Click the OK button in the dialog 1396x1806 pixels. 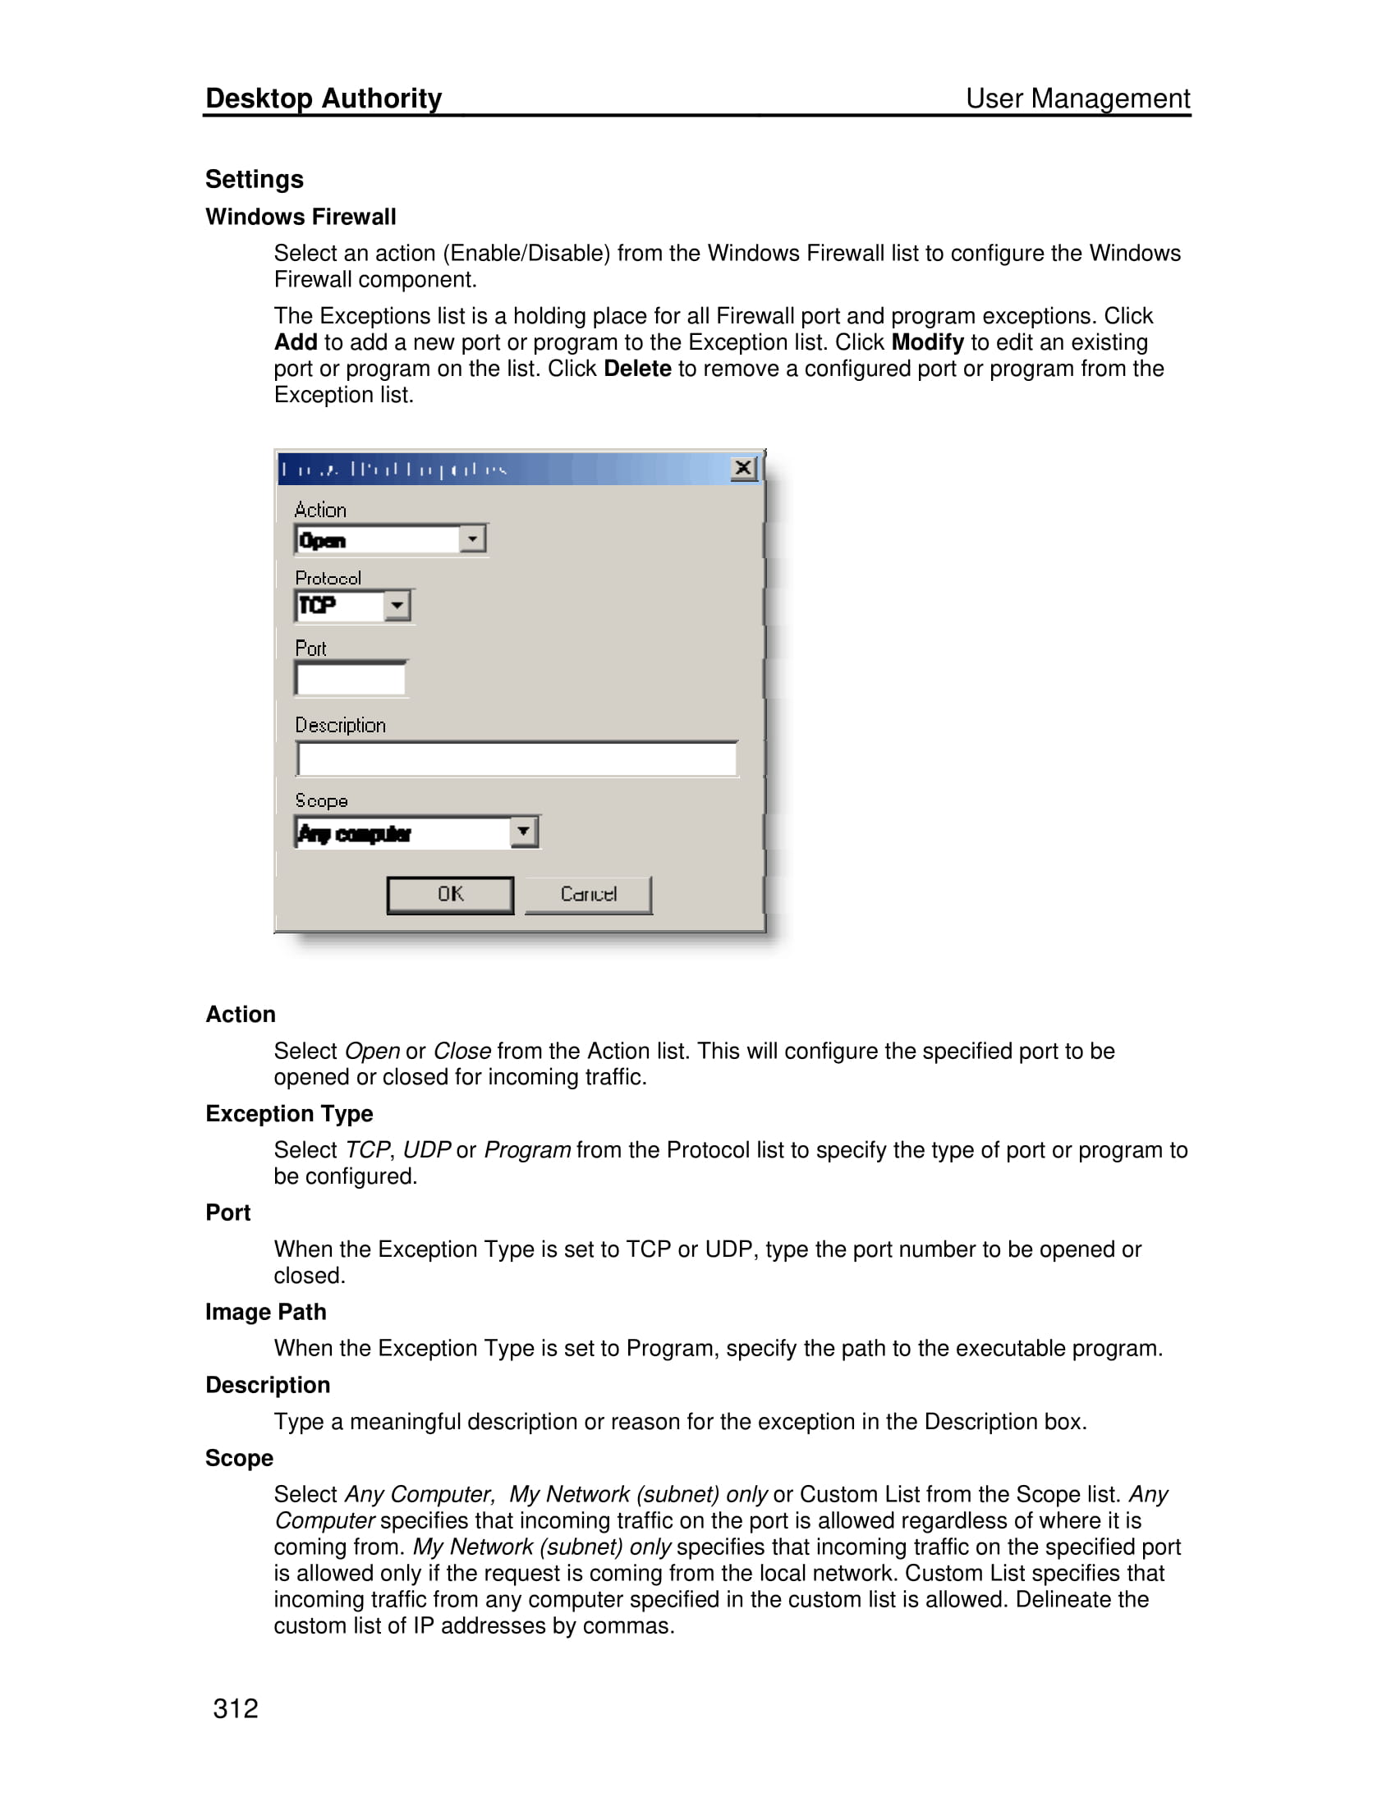(450, 895)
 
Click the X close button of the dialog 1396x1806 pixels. (742, 469)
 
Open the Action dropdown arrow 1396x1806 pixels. (472, 539)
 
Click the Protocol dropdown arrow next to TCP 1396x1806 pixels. (397, 605)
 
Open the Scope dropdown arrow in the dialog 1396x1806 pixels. (524, 831)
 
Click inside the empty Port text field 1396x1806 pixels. (351, 679)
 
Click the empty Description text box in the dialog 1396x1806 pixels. (516, 759)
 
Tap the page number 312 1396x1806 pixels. (236, 1708)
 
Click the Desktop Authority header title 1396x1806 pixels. (324, 99)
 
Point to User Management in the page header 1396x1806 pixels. (1077, 99)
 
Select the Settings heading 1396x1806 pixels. (254, 180)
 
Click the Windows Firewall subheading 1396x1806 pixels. (301, 217)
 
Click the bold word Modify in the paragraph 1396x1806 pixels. (927, 342)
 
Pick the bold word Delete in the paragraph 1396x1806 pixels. (636, 369)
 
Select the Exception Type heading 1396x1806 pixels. (288, 1114)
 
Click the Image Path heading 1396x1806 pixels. (265, 1313)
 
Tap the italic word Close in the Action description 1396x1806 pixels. (462, 1051)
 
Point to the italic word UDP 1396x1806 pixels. (427, 1150)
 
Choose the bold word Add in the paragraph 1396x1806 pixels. (296, 342)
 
